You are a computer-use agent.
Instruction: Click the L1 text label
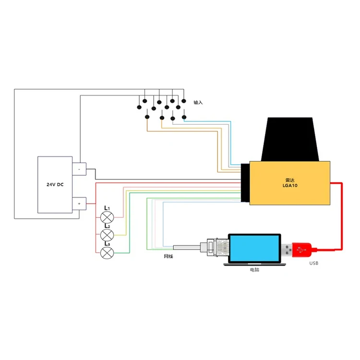point(108,208)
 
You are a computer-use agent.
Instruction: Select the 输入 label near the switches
point(198,103)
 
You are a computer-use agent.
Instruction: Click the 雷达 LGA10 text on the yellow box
point(289,181)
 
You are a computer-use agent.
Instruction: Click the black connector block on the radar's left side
point(245,183)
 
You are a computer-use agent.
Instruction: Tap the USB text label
point(313,264)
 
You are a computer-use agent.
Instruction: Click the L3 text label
point(108,244)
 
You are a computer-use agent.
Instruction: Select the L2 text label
point(108,226)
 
